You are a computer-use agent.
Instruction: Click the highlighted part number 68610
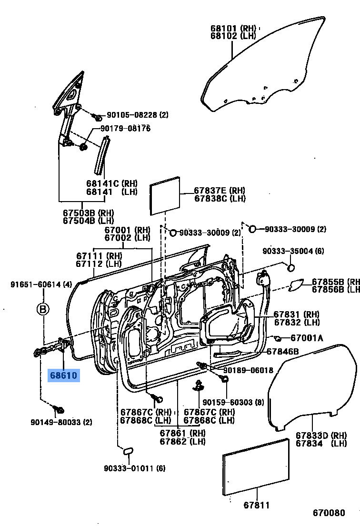(63, 376)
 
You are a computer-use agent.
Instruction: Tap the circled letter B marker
(43, 309)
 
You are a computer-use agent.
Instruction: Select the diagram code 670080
(328, 513)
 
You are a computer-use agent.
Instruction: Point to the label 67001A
(307, 338)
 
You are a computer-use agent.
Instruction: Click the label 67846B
(282, 351)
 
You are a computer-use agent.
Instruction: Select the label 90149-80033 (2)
(61, 422)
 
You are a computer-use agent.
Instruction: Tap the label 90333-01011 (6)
(135, 468)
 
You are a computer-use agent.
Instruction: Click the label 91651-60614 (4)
(41, 284)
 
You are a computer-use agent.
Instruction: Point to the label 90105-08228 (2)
(137, 115)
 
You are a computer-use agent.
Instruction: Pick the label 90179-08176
(125, 129)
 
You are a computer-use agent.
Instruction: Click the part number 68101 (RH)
(233, 28)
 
